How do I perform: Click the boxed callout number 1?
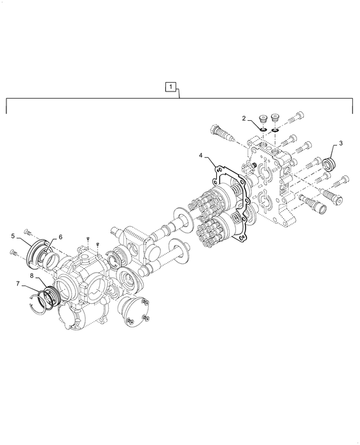(170, 87)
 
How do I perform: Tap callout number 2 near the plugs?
(244, 118)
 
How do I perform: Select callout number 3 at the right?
(340, 143)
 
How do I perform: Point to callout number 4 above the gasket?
(201, 156)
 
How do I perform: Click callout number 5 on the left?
(13, 236)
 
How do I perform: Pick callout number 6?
(60, 236)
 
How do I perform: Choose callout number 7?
(18, 284)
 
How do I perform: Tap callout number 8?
(32, 275)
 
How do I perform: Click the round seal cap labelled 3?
(330, 164)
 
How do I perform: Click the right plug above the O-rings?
(275, 118)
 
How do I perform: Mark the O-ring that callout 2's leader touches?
(263, 130)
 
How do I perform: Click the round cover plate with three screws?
(135, 311)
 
